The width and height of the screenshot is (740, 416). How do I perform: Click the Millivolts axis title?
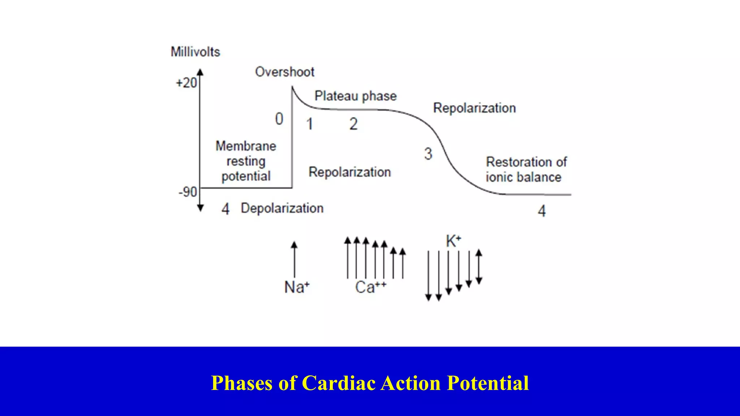pos(195,52)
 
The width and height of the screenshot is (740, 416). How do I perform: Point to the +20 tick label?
pos(186,83)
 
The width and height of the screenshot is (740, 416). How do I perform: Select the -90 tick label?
pos(188,192)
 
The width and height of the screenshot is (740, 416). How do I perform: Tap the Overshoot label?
pos(285,72)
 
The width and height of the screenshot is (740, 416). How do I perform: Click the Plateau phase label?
pos(356,96)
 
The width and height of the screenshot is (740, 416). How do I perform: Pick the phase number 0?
pos(279,119)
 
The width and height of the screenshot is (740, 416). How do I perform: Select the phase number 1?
pos(309,124)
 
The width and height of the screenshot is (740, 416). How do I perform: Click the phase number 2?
pos(353,124)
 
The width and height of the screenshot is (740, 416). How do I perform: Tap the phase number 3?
pos(428,154)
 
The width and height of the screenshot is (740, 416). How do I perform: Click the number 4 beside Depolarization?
pos(225,209)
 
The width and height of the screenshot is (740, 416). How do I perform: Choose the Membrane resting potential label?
pos(246,161)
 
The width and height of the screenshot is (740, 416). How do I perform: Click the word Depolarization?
pos(282,208)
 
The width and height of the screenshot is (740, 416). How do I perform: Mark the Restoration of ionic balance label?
pos(526,169)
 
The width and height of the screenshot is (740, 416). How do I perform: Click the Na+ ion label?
pos(297,287)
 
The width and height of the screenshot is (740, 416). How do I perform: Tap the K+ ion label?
pos(453,241)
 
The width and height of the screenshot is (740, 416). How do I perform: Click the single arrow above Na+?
pos(294,259)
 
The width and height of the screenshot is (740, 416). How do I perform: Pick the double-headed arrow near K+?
pos(479,266)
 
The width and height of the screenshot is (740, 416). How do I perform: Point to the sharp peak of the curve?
pos(292,87)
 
